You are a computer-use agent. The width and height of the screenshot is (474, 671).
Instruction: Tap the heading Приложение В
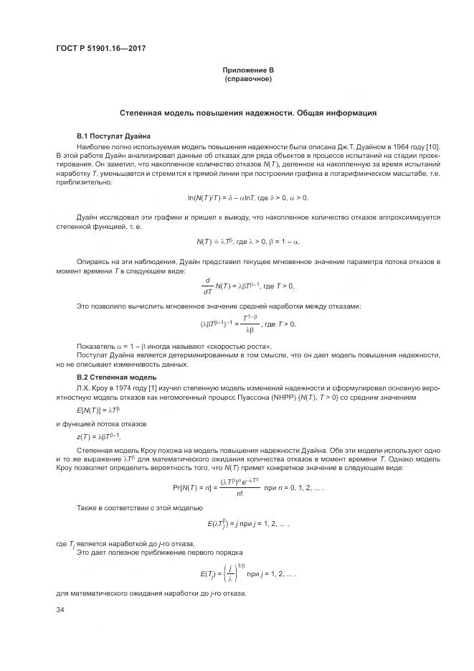coord(248,70)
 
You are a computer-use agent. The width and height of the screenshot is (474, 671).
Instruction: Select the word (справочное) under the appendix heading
coord(248,78)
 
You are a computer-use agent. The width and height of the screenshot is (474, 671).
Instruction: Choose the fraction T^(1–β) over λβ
coord(250,325)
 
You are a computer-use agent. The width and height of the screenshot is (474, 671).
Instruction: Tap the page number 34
coord(60,610)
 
